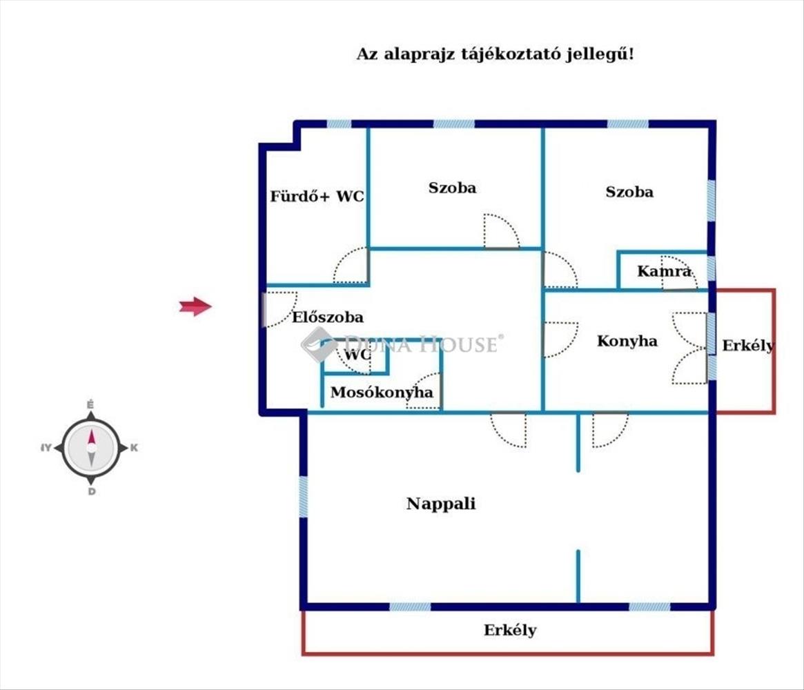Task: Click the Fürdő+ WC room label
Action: click(x=317, y=197)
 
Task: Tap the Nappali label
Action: click(x=441, y=504)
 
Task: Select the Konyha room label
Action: click(x=627, y=341)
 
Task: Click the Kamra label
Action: click(x=663, y=271)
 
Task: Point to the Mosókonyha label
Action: click(x=382, y=393)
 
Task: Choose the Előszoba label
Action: click(x=327, y=318)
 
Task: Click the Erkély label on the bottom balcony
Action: click(x=510, y=630)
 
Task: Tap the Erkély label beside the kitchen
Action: click(x=747, y=346)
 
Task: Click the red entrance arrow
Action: click(x=195, y=306)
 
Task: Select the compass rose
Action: click(x=91, y=448)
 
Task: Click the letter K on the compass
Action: click(x=134, y=448)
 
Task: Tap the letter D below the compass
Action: click(x=91, y=492)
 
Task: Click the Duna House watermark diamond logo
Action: click(x=317, y=344)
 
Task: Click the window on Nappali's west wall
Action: click(x=303, y=497)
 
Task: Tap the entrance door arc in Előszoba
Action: click(x=277, y=308)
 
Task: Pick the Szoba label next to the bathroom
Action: click(x=452, y=188)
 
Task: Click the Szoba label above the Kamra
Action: click(x=629, y=192)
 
